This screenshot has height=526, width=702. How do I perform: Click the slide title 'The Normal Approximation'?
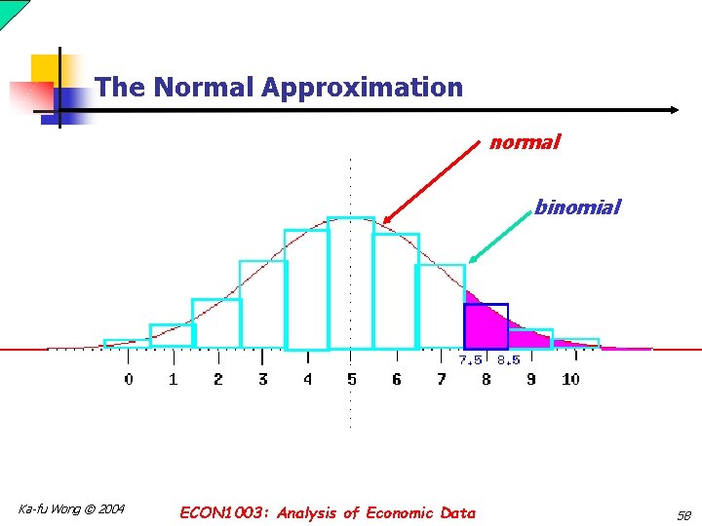[x=279, y=88]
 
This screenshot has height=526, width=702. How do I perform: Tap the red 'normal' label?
[x=525, y=143]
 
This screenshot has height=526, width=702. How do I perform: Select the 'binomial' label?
[x=576, y=207]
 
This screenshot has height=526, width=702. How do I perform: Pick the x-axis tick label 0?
[x=129, y=379]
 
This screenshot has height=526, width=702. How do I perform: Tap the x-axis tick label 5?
[x=351, y=379]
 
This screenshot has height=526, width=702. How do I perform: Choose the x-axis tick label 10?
[x=570, y=379]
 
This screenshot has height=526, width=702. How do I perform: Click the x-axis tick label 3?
[x=262, y=379]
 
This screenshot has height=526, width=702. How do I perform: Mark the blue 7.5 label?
[x=471, y=360]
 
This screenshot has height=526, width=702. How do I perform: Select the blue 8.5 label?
[x=508, y=360]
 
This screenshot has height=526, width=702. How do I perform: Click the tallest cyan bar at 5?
[x=351, y=282]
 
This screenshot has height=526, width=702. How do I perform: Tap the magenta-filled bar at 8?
[x=485, y=327]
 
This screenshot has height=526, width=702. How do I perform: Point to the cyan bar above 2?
[x=216, y=323]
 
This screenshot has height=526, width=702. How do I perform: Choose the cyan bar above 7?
[x=440, y=306]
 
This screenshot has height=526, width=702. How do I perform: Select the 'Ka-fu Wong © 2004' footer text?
[x=71, y=510]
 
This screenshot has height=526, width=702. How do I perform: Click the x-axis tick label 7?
[x=441, y=379]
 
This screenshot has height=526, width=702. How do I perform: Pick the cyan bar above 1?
[x=172, y=335]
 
